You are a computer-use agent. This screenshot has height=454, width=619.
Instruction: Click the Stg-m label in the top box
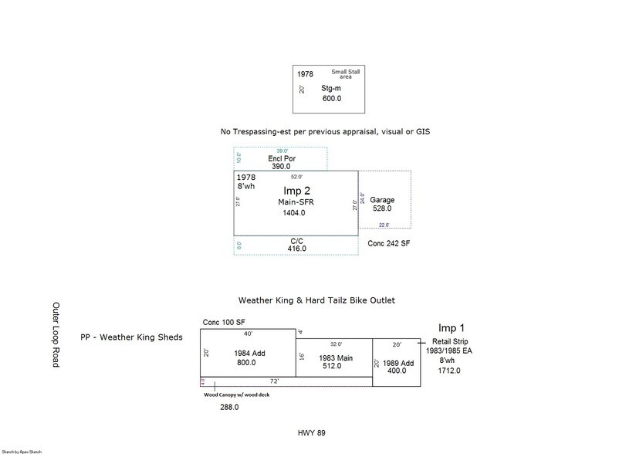pos(330,89)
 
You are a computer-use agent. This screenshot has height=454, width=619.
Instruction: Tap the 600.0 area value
pos(331,99)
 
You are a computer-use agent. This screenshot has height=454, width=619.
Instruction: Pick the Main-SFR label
pos(296,202)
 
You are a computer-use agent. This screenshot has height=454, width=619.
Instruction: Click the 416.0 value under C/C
pos(296,249)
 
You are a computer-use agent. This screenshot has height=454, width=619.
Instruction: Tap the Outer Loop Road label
pos(55,334)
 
